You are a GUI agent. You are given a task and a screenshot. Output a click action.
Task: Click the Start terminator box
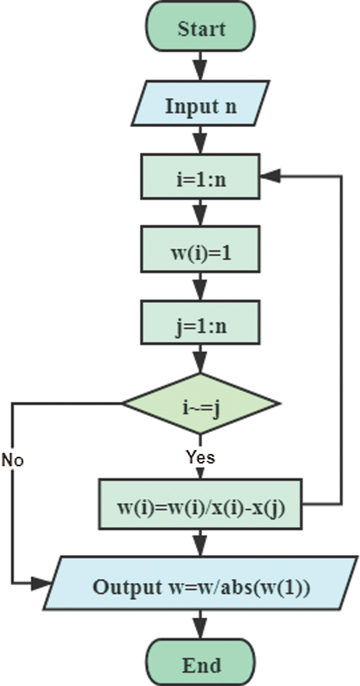pos(201,28)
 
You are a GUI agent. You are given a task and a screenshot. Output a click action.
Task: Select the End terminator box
pos(201,665)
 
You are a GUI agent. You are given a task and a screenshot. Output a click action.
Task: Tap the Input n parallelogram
pos(201,106)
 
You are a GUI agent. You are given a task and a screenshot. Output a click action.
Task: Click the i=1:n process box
pos(201,176)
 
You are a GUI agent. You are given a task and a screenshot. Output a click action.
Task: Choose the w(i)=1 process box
pos(201,252)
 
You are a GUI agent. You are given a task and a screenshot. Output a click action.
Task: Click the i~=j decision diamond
pos(201,403)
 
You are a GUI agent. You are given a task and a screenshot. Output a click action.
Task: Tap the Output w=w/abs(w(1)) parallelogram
pos(201,587)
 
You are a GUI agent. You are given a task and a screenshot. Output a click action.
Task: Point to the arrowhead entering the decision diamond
pos(201,365)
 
